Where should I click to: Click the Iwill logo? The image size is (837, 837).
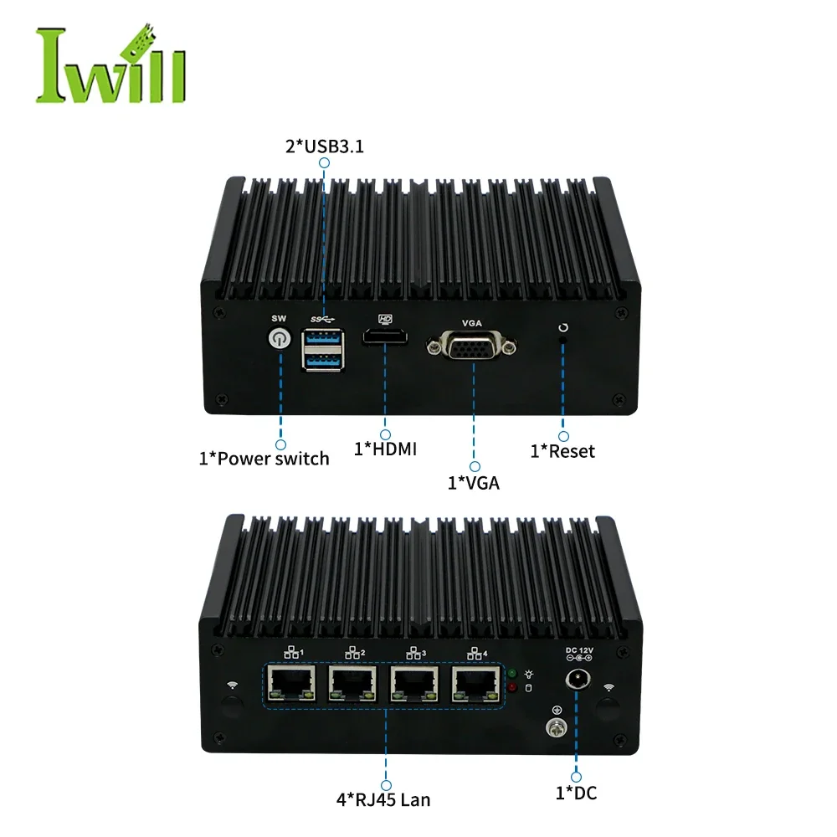point(111,64)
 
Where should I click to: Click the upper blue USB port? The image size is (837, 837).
point(322,337)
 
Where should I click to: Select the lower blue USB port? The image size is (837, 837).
point(322,361)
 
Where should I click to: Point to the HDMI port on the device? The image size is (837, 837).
point(385,337)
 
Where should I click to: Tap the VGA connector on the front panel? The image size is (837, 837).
point(471,347)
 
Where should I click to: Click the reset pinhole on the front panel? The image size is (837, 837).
point(562,340)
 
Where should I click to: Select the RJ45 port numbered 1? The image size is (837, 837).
point(291,683)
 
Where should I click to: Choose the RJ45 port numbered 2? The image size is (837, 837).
point(353,683)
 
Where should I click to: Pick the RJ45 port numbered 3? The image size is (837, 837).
point(414,683)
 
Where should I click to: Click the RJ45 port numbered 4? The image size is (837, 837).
point(476,683)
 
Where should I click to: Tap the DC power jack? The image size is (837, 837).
point(578,680)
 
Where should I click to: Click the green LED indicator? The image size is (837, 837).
point(512,673)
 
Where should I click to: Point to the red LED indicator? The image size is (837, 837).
point(512,687)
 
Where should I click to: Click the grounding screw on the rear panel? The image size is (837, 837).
point(556,727)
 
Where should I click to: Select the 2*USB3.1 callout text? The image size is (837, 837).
point(325,146)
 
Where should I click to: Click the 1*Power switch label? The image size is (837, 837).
point(264,459)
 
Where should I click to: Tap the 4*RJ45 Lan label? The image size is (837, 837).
point(383,799)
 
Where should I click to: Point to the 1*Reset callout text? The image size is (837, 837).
point(562,451)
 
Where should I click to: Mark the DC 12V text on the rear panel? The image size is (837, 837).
point(579,650)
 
